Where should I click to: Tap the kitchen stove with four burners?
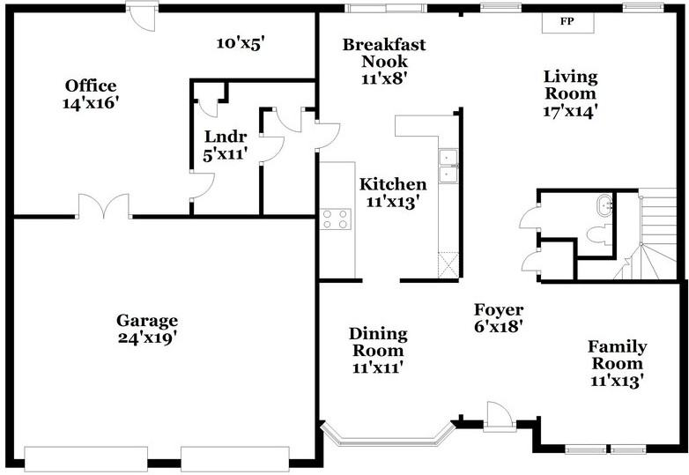[335, 217]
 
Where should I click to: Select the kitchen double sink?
[449, 166]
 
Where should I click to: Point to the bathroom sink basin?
[605, 205]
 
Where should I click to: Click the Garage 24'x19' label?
[147, 328]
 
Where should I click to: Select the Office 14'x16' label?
[91, 93]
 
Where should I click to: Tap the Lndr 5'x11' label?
[225, 145]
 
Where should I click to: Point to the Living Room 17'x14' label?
[570, 93]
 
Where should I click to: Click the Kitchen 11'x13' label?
[392, 192]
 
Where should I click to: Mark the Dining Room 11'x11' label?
[378, 350]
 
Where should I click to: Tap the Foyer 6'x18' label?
[499, 317]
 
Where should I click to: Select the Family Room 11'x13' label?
[617, 363]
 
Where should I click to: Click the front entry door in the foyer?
[496, 415]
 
